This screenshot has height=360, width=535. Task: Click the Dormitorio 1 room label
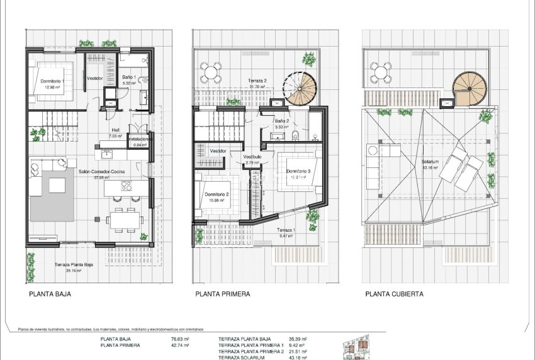(x=53, y=81)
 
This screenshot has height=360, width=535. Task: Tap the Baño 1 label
(x=128, y=76)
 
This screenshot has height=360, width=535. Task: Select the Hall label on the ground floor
(x=115, y=130)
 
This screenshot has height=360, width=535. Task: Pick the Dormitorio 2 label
(x=217, y=194)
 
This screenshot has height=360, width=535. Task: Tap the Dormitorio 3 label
(x=298, y=171)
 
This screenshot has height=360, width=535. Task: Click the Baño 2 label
(x=281, y=121)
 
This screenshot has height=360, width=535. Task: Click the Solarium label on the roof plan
(x=431, y=162)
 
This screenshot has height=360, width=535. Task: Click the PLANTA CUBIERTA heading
(x=394, y=294)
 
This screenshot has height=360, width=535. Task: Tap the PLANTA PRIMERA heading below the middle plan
(x=223, y=294)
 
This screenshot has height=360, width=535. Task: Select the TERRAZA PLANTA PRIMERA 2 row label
(x=251, y=352)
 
